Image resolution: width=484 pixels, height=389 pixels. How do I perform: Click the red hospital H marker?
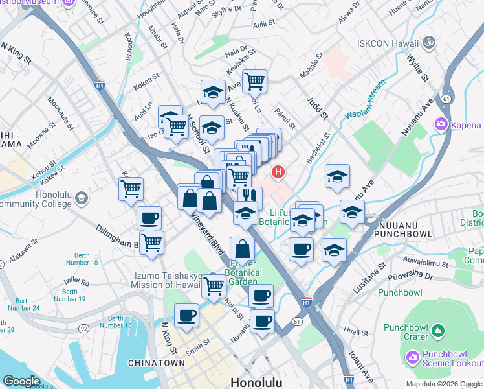(x=278, y=172)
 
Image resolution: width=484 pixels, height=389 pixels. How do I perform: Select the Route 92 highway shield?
(x=85, y=329)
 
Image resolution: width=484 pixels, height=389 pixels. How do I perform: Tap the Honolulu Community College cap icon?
(x=81, y=197)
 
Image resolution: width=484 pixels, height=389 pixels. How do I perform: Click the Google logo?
(x=21, y=381)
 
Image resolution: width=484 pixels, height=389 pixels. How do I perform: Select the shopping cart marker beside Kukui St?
(x=214, y=285)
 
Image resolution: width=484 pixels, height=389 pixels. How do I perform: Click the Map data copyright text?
(x=444, y=384)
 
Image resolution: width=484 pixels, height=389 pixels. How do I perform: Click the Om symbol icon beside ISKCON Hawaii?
(x=427, y=43)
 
